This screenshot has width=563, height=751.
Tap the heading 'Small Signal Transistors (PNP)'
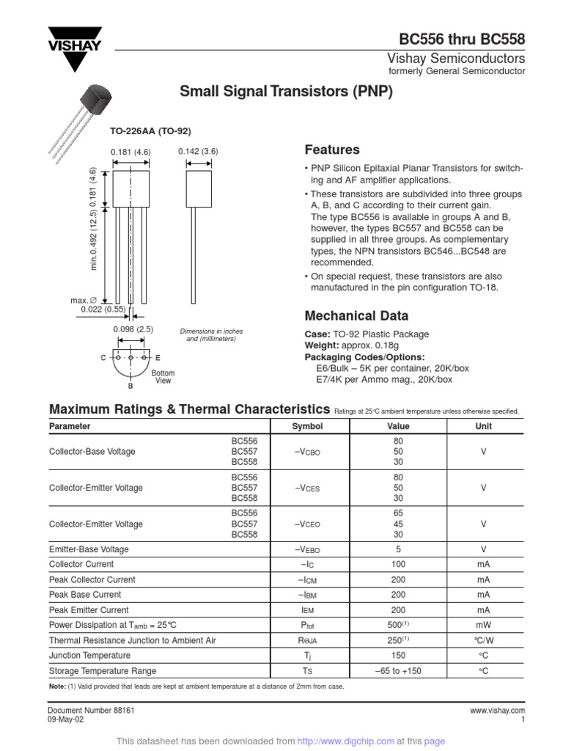pos(287,92)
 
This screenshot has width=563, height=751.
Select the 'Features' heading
pos(332,150)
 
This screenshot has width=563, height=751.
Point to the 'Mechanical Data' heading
pos(356,316)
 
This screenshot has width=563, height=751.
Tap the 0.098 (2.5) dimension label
pos(133,330)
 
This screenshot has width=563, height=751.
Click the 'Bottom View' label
pos(163,377)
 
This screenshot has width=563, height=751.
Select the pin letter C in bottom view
pos(103,357)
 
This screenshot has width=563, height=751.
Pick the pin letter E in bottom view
pos(157,357)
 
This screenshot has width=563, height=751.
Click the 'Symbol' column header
pos(307,426)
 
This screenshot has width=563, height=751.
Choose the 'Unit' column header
pos(483,426)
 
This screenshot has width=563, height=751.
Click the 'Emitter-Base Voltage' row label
pos(89,549)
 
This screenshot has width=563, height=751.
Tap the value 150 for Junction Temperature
pos(398,656)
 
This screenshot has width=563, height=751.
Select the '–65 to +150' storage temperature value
pos(398,671)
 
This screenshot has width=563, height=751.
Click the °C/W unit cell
pos(483,640)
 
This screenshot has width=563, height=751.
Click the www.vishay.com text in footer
pos(497,711)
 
